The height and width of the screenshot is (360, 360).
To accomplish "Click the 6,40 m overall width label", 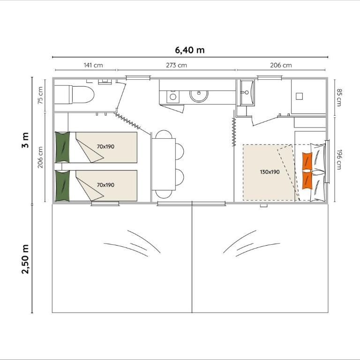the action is pyautogui.click(x=190, y=50).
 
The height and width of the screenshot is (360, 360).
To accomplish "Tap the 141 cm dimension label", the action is pyautogui.click(x=93, y=65).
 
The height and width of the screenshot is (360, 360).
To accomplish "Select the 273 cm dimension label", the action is pyautogui.click(x=177, y=65).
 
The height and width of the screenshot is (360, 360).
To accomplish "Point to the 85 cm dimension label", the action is pyautogui.click(x=339, y=97).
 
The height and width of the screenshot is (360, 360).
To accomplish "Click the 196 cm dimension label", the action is pyautogui.click(x=339, y=159).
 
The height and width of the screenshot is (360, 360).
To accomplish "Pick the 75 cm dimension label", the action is pyautogui.click(x=40, y=95).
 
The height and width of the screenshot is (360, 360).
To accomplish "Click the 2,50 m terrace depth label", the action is pyautogui.click(x=25, y=259).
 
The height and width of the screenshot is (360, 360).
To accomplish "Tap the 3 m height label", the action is pyautogui.click(x=25, y=140).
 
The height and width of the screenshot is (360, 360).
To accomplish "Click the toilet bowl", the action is pyautogui.click(x=83, y=95).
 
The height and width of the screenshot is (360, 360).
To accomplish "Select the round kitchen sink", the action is pyautogui.click(x=199, y=95).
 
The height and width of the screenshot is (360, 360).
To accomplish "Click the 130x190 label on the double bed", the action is pyautogui.click(x=270, y=172).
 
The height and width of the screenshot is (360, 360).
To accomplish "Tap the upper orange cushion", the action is pyautogui.click(x=307, y=161).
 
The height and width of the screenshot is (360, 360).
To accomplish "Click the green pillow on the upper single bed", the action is pyautogui.click(x=62, y=147).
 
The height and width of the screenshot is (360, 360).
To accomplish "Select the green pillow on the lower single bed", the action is pyautogui.click(x=62, y=186).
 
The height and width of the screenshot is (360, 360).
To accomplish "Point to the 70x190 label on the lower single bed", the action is pyautogui.click(x=105, y=185).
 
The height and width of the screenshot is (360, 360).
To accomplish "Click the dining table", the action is pyautogui.click(x=164, y=164).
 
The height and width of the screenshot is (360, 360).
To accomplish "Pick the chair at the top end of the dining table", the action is pyautogui.click(x=164, y=135).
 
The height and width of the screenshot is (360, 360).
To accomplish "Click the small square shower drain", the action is pyautogui.click(x=299, y=96).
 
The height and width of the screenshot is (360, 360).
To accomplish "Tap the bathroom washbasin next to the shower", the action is pyautogui.click(x=247, y=93).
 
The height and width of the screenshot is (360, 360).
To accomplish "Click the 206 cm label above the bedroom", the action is pyautogui.click(x=281, y=65).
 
